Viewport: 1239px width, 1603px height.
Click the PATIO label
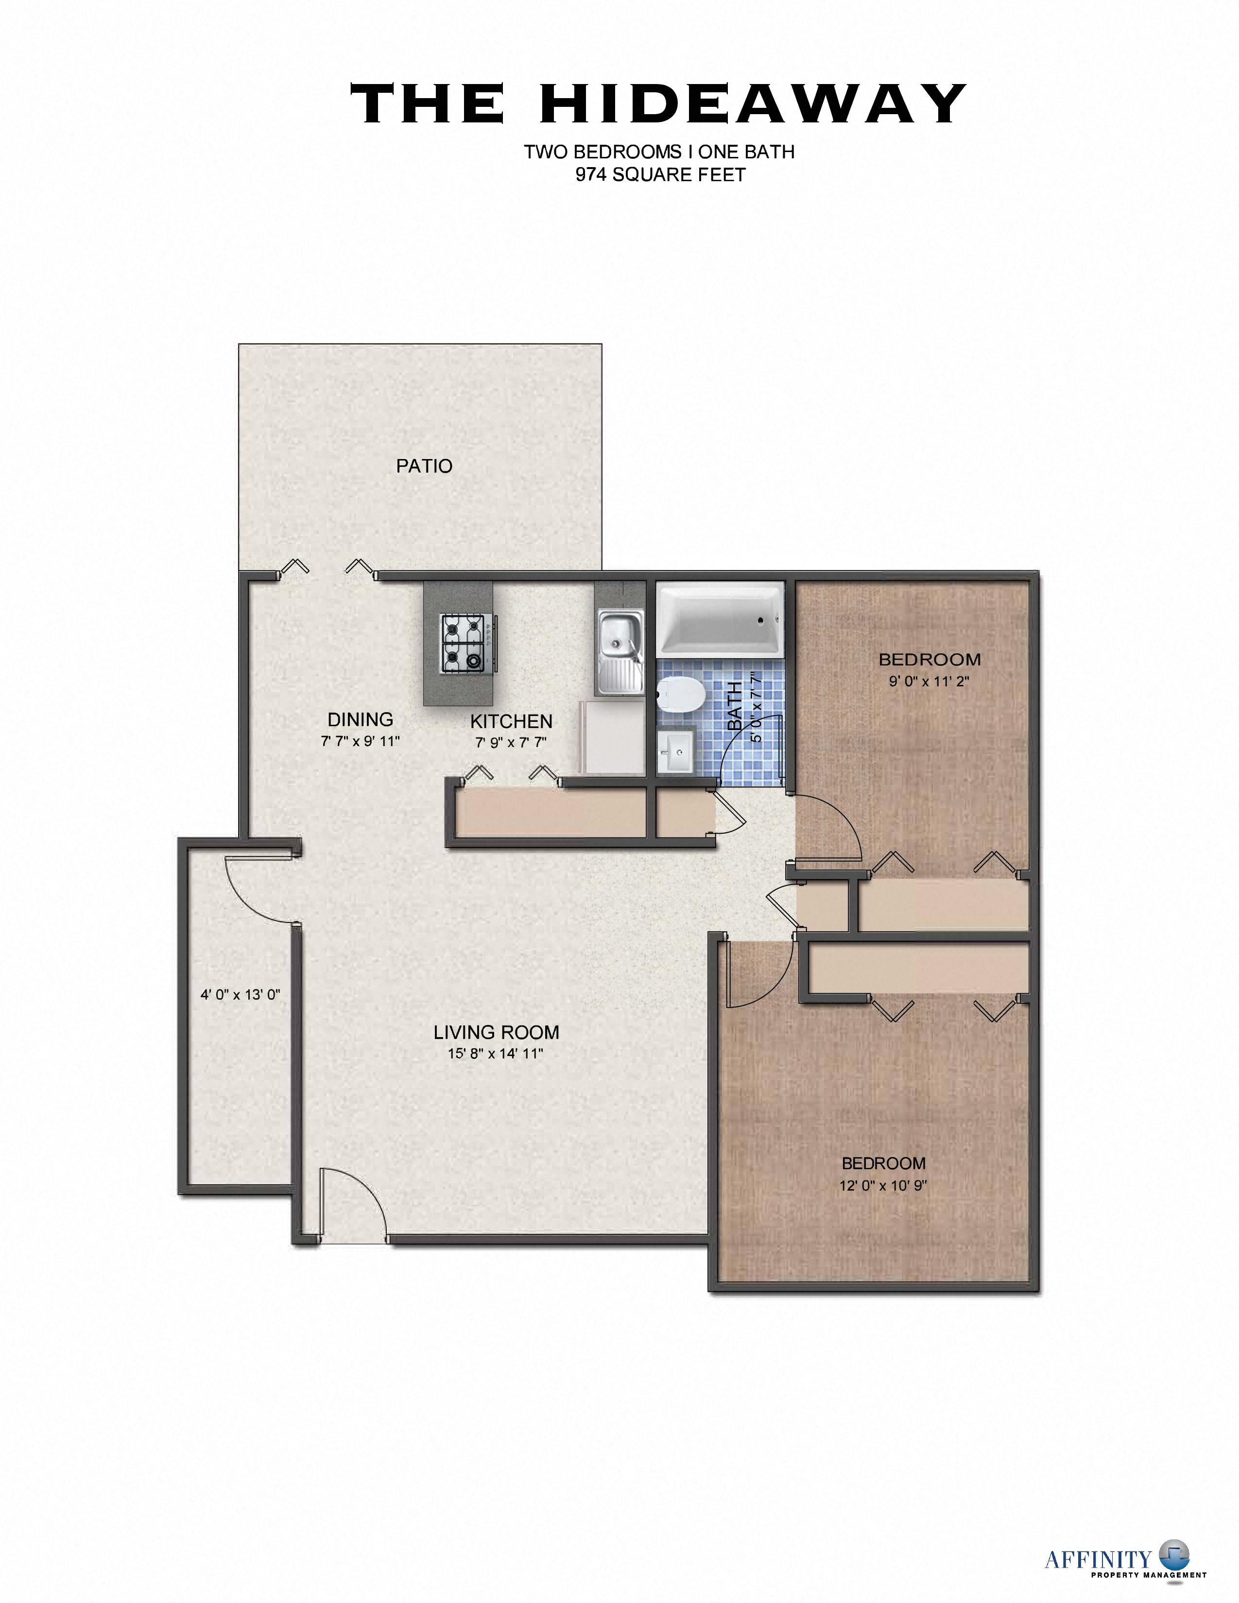tap(424, 466)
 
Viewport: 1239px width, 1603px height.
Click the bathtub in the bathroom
tap(719, 619)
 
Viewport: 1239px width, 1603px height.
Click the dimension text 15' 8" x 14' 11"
tap(496, 1054)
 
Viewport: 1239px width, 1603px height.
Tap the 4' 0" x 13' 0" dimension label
tap(241, 995)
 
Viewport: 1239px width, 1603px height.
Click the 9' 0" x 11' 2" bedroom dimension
tap(929, 681)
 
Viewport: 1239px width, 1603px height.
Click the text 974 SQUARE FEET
tap(660, 175)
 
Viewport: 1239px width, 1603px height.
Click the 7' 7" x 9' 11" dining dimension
tap(360, 741)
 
